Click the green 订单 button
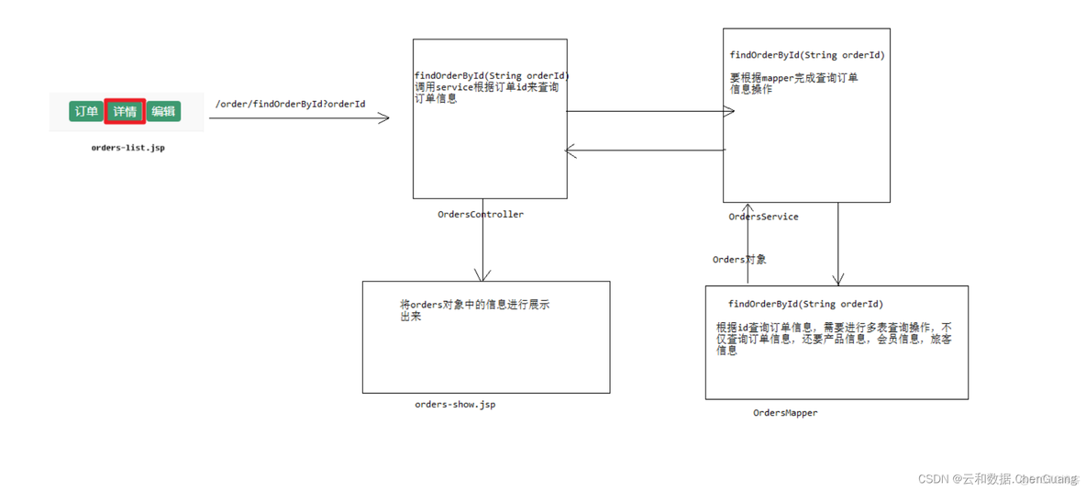tap(86, 111)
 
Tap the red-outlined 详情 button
tap(125, 111)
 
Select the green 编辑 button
tap(163, 111)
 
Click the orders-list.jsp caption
tap(127, 147)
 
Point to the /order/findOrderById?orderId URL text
tap(290, 104)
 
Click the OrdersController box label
tap(481, 214)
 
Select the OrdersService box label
tap(763, 217)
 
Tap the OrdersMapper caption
tap(785, 413)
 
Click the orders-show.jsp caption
tap(455, 404)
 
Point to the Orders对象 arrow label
tap(739, 260)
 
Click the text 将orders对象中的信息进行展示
tap(474, 305)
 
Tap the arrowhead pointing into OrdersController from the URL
tap(384, 117)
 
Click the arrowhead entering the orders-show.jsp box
tap(482, 275)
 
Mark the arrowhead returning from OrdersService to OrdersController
tap(571, 151)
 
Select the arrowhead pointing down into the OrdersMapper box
tap(837, 279)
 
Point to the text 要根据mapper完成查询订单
tap(793, 78)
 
